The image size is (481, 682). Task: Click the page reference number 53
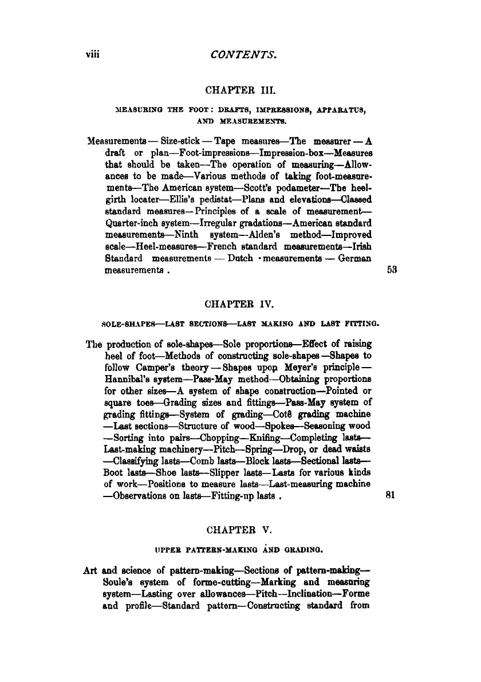tap(392, 270)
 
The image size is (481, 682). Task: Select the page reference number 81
tap(392, 498)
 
